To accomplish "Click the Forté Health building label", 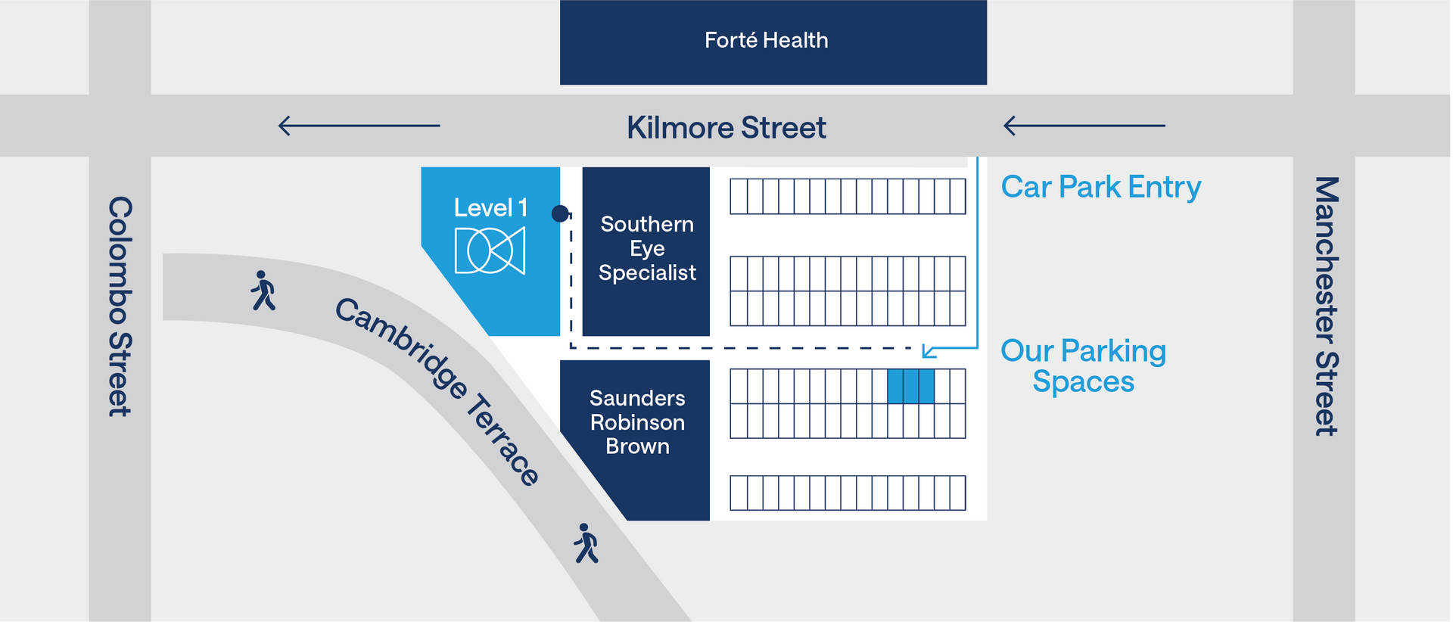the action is point(766,40).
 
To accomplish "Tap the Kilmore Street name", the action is point(726,127).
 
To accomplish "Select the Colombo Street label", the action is point(120,306).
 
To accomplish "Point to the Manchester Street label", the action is point(1327,306).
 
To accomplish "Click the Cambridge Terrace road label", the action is point(437,390).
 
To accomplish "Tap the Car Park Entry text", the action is point(1101,186).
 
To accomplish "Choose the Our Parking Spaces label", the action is point(1083,366).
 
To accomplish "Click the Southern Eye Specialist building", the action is point(646,251).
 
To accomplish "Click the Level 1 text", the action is point(490,208).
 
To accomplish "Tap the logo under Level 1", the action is point(490,251).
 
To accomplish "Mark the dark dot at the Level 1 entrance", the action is point(560,213).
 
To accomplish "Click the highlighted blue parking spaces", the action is point(910,386).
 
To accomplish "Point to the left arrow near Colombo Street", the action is point(359,126).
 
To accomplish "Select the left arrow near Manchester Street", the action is point(1084,126).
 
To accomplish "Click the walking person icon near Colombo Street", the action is point(263,291).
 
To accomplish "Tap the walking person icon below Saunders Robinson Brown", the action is point(586,543).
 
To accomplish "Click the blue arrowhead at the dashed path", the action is point(929,350).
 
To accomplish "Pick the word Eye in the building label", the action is point(647,249).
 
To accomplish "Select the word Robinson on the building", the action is point(638,422).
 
